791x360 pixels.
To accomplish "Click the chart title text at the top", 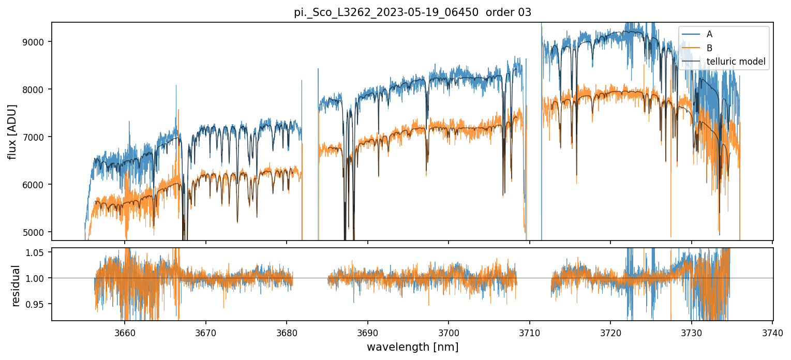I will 412,12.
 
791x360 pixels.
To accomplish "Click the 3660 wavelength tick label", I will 125,332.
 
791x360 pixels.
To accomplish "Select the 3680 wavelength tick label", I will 287,332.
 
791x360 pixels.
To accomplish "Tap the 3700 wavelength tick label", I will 449,332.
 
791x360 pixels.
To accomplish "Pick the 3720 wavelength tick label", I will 610,332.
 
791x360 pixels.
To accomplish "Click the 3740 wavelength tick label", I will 772,332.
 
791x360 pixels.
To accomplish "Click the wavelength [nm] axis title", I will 412,347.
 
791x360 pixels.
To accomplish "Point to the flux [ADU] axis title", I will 12,131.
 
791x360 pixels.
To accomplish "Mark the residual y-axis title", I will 16,286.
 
